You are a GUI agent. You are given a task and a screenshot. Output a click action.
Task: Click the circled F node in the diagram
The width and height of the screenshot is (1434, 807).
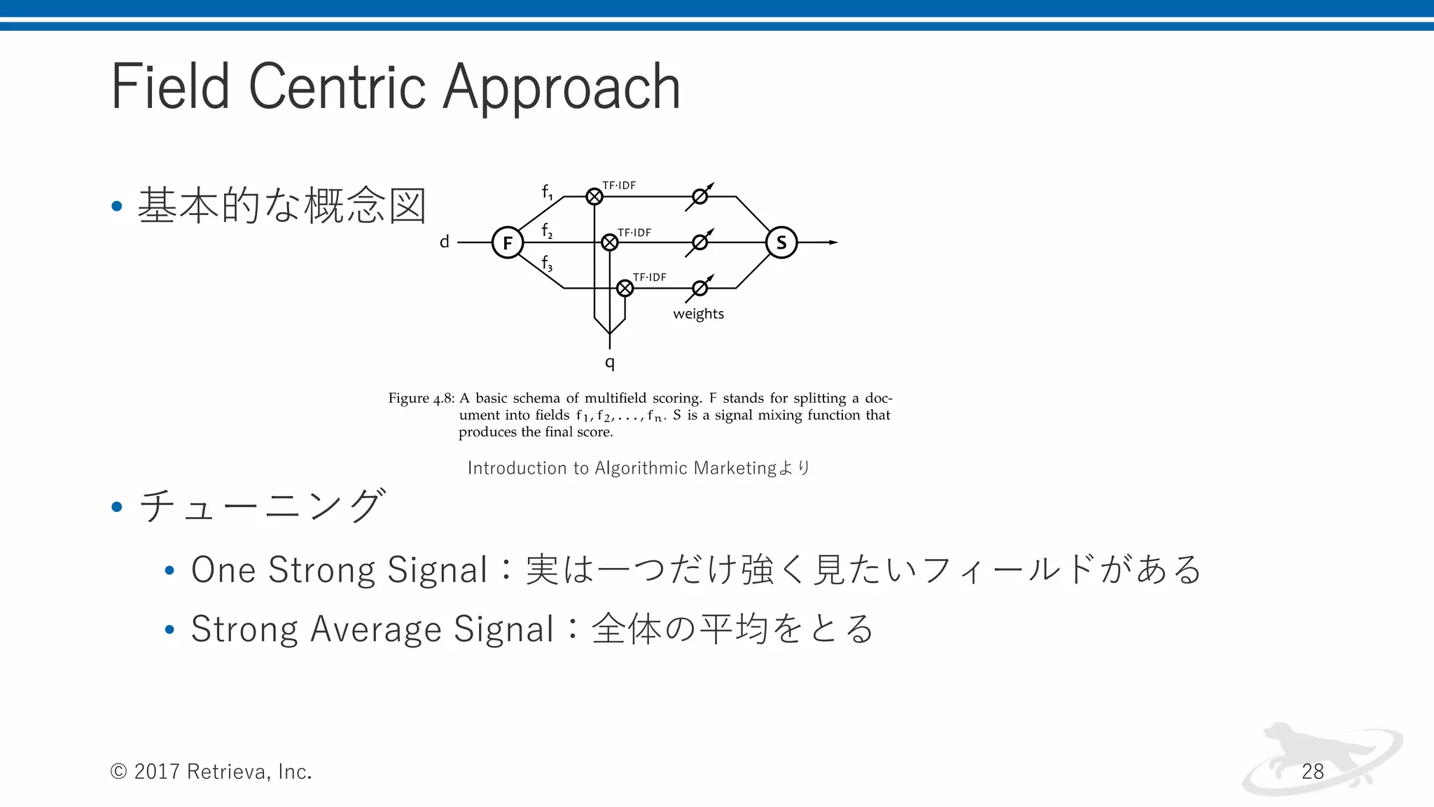tap(508, 243)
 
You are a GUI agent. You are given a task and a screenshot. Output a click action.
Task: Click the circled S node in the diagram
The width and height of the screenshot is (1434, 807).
tap(781, 243)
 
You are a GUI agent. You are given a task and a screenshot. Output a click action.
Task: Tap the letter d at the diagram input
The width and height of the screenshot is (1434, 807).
tap(444, 242)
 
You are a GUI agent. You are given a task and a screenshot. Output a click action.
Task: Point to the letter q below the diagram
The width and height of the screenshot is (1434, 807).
tap(610, 363)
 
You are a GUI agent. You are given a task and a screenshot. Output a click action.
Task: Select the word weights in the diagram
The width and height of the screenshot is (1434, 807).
tap(698, 314)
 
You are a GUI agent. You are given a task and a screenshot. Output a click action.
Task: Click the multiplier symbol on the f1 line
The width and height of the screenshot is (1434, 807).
tap(594, 197)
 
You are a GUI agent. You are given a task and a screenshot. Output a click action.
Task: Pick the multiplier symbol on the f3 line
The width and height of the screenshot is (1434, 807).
tap(625, 288)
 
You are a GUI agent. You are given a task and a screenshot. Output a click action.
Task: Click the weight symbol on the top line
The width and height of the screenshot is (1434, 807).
tap(699, 197)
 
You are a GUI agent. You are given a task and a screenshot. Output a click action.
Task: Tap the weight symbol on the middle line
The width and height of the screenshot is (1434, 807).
tap(699, 242)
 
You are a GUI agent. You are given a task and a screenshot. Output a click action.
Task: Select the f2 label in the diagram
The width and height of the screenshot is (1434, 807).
tap(547, 230)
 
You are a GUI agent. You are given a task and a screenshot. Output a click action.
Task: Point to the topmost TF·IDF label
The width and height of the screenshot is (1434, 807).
tap(619, 186)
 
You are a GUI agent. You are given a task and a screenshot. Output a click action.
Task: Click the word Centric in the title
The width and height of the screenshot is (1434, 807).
tap(337, 87)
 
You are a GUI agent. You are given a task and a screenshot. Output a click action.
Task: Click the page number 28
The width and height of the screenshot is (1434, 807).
tap(1312, 771)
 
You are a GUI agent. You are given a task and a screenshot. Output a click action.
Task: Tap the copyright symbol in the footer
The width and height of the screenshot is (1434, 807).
tap(118, 771)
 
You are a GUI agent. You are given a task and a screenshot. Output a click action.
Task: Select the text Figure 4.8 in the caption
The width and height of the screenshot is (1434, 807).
tap(421, 399)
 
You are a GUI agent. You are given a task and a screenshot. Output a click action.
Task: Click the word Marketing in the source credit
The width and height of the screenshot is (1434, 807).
tap(735, 468)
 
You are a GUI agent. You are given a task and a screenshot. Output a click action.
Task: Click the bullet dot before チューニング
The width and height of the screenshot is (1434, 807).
tap(117, 506)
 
